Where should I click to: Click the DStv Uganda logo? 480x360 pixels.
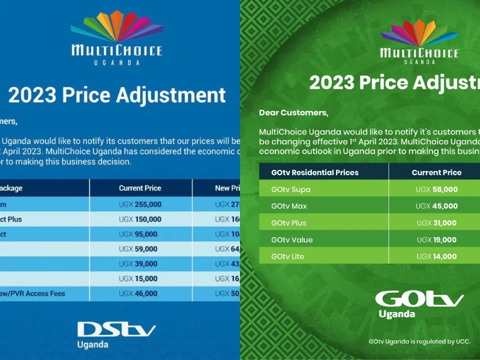click(x=116, y=334)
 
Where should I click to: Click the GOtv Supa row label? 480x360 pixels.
click(x=291, y=189)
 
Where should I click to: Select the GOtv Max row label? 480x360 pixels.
click(x=290, y=206)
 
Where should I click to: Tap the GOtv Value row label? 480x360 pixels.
click(x=292, y=239)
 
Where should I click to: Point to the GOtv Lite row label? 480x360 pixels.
click(x=289, y=256)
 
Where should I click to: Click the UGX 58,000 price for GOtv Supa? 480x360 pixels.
click(x=436, y=189)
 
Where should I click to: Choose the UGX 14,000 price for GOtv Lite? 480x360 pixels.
click(x=436, y=256)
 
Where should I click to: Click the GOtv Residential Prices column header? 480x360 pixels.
click(x=315, y=172)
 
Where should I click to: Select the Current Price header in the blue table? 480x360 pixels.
click(x=139, y=188)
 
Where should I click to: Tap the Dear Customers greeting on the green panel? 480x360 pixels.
click(x=293, y=112)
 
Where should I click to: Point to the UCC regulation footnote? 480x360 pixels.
click(x=419, y=341)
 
